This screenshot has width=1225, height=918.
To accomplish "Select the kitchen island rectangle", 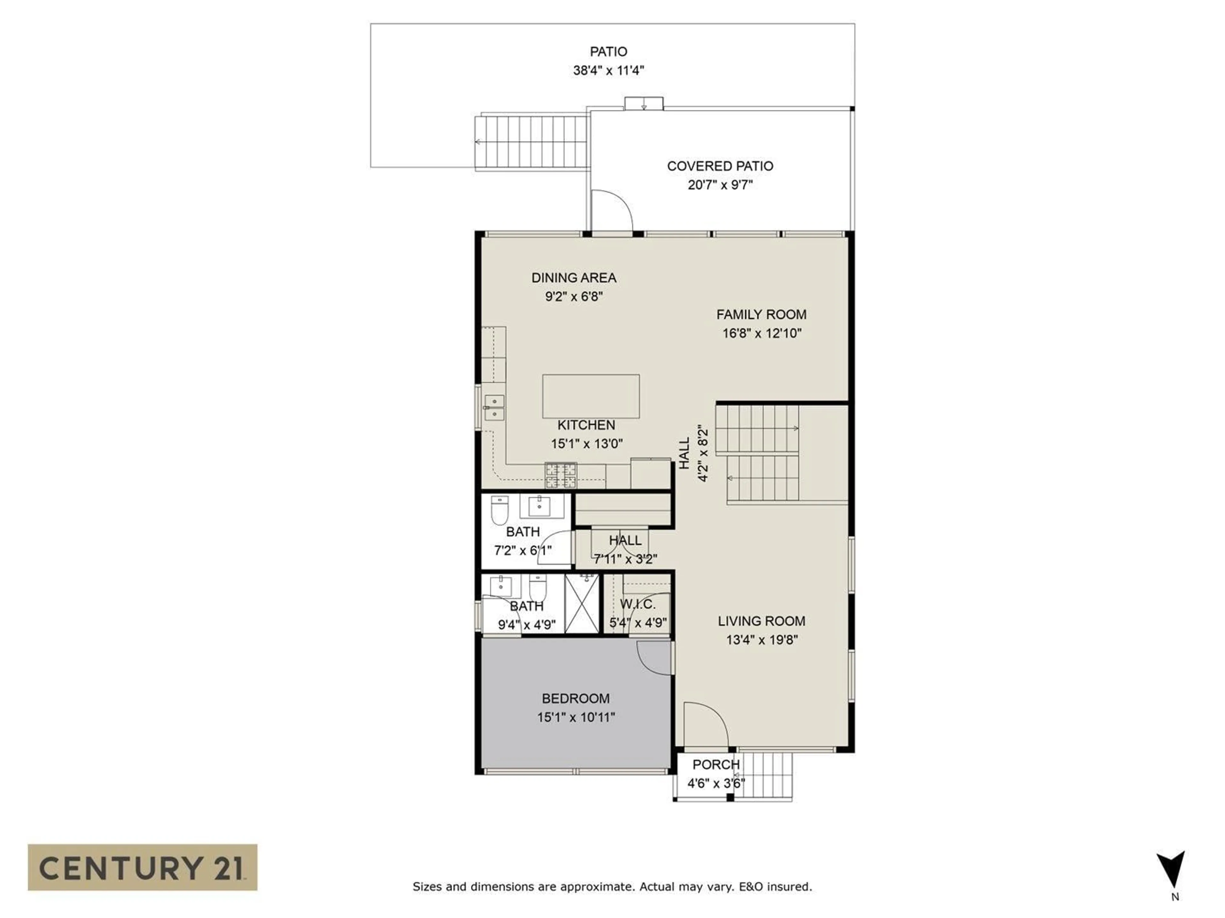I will [590, 396].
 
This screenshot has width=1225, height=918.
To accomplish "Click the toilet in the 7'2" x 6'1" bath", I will [500, 510].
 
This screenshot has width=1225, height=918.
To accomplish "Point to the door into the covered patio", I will [611, 212].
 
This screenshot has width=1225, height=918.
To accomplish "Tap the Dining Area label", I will [573, 278].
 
